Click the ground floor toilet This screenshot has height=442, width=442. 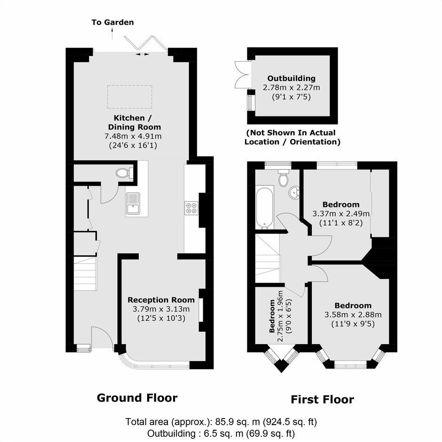[x=124, y=173]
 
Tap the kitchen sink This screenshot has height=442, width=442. [x=133, y=204]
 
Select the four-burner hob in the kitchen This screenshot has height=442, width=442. [x=191, y=208]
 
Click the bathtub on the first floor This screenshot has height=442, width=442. [x=264, y=207]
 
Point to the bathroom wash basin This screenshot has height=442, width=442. [x=294, y=193]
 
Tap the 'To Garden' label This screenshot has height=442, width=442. [x=112, y=22]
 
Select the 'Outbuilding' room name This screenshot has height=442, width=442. [x=291, y=79]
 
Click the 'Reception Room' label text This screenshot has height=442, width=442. [x=161, y=300]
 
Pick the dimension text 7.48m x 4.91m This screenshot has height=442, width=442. [x=133, y=136]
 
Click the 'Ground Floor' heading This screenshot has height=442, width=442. [x=137, y=398]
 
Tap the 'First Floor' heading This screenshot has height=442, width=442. [x=322, y=399]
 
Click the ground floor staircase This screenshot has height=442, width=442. [x=86, y=274]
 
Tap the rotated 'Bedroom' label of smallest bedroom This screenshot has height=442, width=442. [x=272, y=316]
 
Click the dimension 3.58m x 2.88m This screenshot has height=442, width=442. [x=353, y=315]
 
